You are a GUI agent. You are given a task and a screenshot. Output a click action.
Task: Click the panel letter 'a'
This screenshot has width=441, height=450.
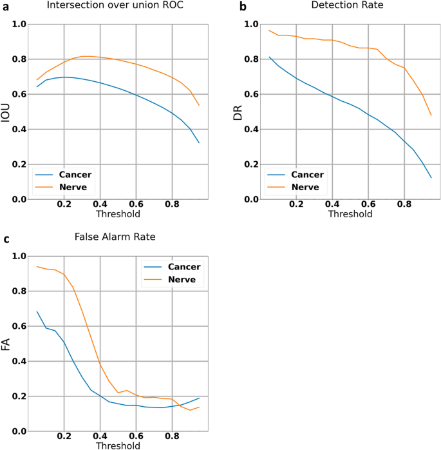coord(6,6)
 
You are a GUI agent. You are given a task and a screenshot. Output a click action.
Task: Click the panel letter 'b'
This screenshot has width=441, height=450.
coord(243,7)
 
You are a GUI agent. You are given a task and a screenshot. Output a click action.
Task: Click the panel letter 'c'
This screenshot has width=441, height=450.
coord(6,239)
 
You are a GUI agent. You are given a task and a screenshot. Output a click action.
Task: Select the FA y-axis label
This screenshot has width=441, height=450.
coord(6,344)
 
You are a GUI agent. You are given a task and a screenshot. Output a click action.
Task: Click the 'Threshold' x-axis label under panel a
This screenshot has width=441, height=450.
coord(117,213)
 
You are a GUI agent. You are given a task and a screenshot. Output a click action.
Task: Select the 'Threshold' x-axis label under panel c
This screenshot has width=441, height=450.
coord(117,445)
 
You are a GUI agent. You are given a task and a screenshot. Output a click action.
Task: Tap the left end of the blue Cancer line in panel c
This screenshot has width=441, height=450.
coord(37,311)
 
